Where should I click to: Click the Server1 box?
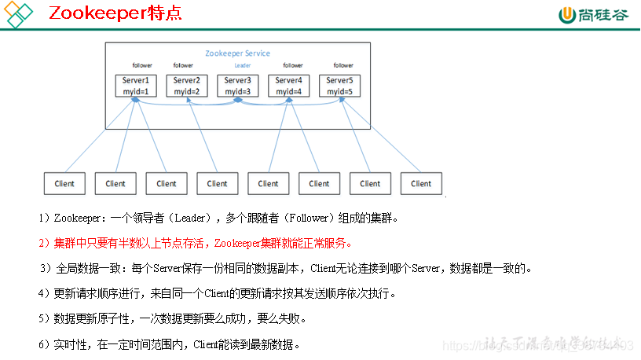[136, 86]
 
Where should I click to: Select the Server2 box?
[186, 86]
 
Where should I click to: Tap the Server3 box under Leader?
[237, 86]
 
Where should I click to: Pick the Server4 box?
[288, 86]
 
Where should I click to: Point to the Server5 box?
[339, 86]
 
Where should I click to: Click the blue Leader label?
[242, 65]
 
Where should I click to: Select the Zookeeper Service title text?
[237, 53]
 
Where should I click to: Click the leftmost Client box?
[64, 183]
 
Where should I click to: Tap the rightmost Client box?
[421, 183]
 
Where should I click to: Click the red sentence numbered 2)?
[196, 242]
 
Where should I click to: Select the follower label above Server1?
[142, 65]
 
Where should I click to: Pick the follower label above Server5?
[343, 65]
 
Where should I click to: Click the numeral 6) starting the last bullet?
[43, 344]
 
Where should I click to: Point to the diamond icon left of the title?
[19, 14]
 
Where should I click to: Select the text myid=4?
[288, 91]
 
